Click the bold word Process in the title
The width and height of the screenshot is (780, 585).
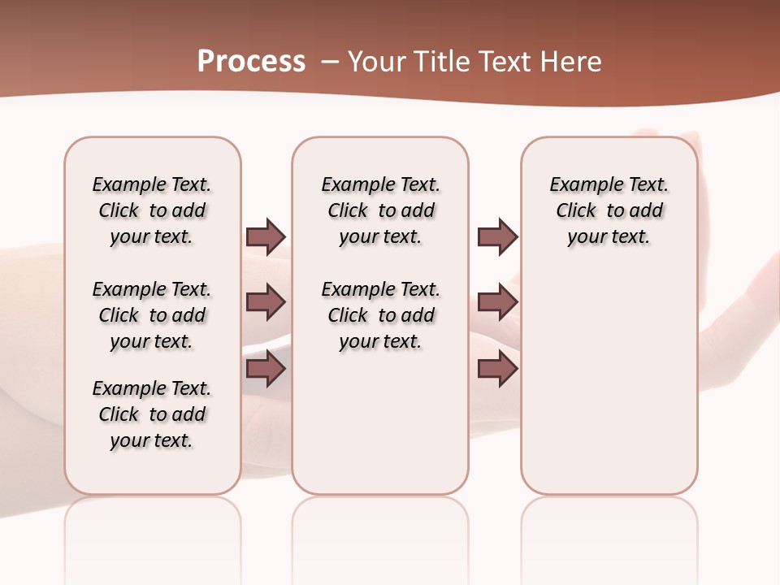click(251, 62)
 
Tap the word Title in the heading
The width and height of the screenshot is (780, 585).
click(438, 62)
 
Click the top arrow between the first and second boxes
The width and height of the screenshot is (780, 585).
click(266, 236)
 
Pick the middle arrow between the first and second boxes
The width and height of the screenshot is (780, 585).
click(266, 303)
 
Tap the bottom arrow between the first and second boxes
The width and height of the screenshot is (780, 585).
click(266, 369)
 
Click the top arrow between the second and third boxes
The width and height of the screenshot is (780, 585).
click(497, 236)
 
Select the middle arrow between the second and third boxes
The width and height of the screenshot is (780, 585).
click(497, 303)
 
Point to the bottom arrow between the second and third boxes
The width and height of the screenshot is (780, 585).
click(497, 369)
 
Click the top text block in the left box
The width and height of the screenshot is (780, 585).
click(152, 210)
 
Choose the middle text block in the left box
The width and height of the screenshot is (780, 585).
click(152, 315)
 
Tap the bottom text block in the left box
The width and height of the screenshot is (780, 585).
click(152, 414)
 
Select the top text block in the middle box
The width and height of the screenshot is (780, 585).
click(380, 210)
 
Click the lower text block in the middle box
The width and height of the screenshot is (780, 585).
click(380, 315)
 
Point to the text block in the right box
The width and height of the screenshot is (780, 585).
click(609, 210)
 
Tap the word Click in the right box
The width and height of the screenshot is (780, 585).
click(576, 211)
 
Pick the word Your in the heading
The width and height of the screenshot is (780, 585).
click(374, 62)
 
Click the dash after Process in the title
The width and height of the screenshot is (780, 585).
click(331, 62)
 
